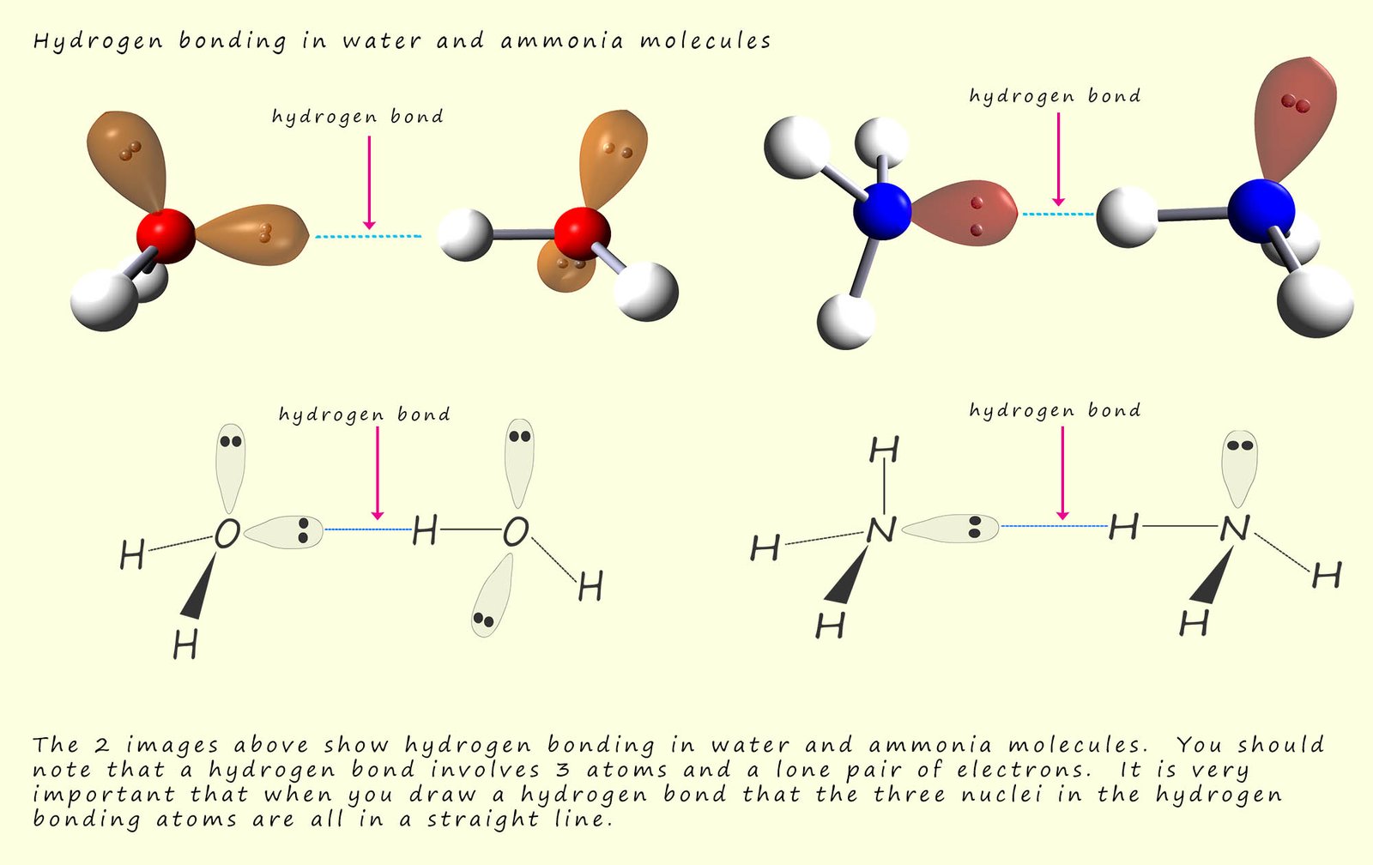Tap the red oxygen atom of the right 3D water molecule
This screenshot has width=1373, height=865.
pyautogui.click(x=582, y=233)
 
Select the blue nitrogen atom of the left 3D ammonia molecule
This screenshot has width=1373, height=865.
pyautogui.click(x=882, y=210)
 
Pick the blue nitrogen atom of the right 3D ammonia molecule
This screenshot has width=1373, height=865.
pyautogui.click(x=1260, y=209)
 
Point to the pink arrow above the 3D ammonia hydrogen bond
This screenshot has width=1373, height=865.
pyautogui.click(x=1058, y=160)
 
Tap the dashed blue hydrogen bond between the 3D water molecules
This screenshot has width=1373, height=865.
pyautogui.click(x=368, y=236)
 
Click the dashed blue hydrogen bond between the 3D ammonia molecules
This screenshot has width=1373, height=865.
pyautogui.click(x=1057, y=214)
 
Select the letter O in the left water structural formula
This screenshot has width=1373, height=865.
pyautogui.click(x=227, y=534)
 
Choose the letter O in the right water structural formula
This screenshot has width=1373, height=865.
pyautogui.click(x=516, y=532)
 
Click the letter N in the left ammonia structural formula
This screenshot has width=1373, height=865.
pyautogui.click(x=881, y=530)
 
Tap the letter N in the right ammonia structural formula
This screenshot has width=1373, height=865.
pyautogui.click(x=1235, y=527)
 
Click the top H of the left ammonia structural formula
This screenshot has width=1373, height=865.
pyautogui.click(x=884, y=449)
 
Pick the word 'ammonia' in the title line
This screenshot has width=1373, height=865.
pyautogui.click(x=562, y=41)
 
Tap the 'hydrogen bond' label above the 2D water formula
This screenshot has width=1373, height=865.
pyautogui.click(x=365, y=414)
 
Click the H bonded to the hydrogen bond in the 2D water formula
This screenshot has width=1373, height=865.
pyautogui.click(x=425, y=531)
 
